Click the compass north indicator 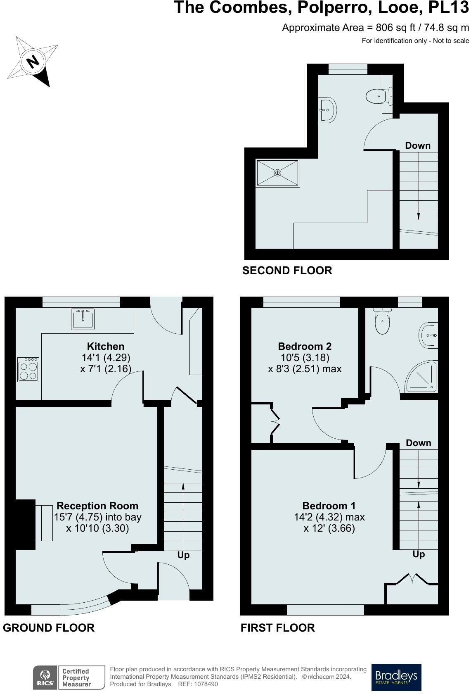(33, 62)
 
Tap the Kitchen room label (106, 346)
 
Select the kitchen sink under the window (83, 319)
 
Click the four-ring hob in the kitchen (28, 369)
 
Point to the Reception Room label (97, 506)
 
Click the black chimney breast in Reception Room (25, 524)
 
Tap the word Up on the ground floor (183, 555)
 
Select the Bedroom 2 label (305, 346)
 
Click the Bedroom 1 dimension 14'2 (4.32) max (329, 517)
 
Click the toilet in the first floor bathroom (382, 323)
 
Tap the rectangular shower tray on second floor (277, 173)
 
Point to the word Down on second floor (417, 145)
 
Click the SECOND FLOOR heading (287, 271)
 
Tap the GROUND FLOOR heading (49, 628)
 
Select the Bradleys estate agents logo (396, 677)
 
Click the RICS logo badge (45, 677)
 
